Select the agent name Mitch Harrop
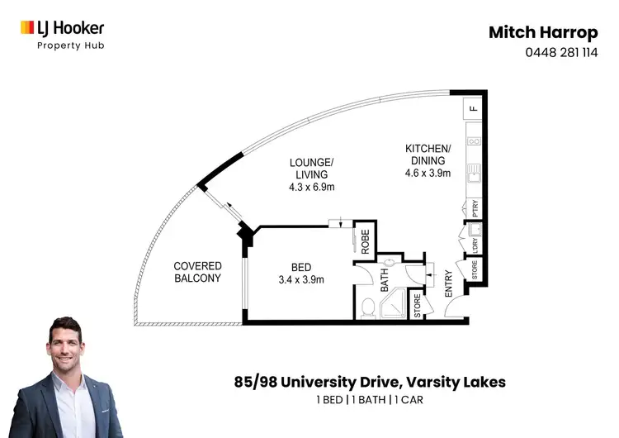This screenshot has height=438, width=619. click(x=542, y=32)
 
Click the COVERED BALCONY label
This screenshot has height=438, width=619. click(x=197, y=272)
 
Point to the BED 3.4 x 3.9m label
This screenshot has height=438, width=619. click(x=300, y=273)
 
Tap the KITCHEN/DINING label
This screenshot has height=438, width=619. click(x=426, y=160)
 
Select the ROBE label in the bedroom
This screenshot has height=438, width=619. click(x=365, y=240)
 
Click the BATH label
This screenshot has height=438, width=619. click(x=384, y=283)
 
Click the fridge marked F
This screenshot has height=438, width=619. click(x=474, y=108)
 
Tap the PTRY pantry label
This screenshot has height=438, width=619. click(x=474, y=208)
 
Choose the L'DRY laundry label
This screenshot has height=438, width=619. click(x=475, y=245)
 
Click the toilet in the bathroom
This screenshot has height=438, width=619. click(x=369, y=309)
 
